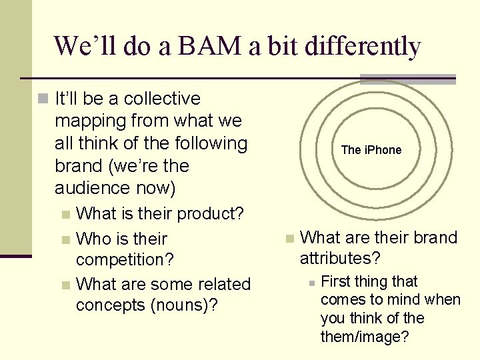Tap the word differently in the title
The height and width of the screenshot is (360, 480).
click(361, 47)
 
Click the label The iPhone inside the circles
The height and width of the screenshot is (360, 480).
click(371, 150)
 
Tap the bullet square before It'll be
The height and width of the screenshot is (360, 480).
click(43, 99)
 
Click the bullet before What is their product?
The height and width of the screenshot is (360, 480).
click(65, 215)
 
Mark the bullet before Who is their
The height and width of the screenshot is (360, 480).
click(65, 239)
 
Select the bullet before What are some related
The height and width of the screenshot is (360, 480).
click(65, 285)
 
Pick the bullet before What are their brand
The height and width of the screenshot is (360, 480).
click(289, 239)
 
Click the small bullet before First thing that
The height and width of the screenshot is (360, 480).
click(311, 282)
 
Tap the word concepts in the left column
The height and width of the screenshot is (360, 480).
click(111, 305)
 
